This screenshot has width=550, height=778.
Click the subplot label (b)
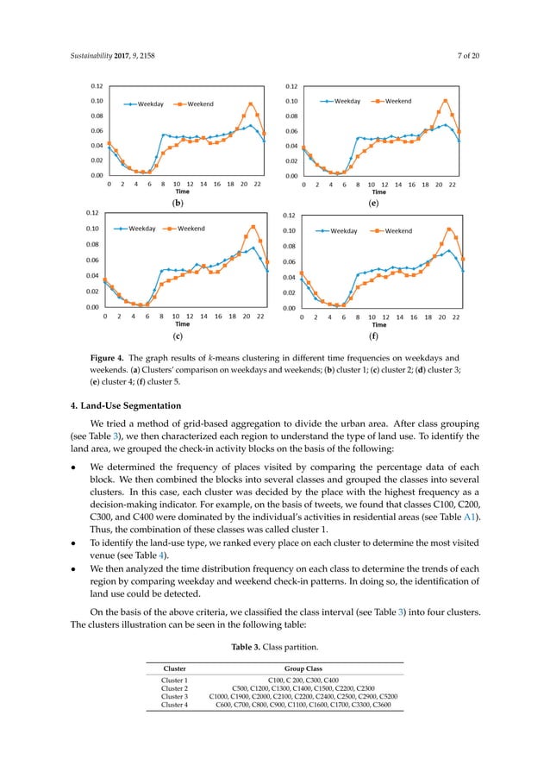[178, 204]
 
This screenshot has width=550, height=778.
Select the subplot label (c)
[178, 336]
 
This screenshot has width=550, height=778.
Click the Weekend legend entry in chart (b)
[201, 104]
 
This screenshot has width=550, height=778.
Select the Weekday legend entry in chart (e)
[347, 101]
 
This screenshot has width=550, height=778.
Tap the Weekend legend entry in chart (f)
[397, 231]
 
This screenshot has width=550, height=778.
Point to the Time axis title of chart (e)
[378, 191]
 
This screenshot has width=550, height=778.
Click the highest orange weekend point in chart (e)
[446, 100]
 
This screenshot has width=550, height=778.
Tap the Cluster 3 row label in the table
[175, 697]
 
